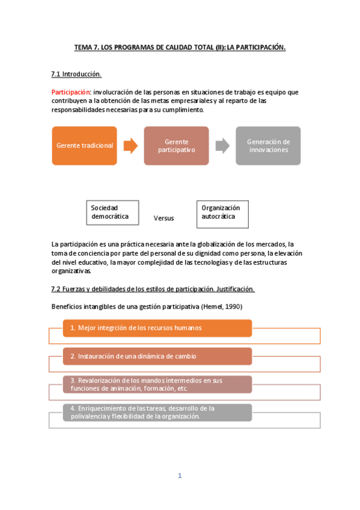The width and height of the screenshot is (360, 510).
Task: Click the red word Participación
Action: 71,92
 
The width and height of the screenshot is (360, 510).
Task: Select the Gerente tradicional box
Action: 84,146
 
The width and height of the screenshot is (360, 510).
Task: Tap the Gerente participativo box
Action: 176,146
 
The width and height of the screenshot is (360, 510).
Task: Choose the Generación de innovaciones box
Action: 268,146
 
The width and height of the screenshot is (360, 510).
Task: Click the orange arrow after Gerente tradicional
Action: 130,146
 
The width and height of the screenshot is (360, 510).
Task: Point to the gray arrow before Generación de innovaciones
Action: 222,146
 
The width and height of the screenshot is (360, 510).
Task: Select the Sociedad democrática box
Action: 112,212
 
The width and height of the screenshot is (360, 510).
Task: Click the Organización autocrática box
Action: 222,214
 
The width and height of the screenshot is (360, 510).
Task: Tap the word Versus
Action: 163,218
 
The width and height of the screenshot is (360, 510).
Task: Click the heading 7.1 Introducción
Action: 76,74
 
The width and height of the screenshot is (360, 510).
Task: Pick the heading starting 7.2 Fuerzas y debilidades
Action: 153,289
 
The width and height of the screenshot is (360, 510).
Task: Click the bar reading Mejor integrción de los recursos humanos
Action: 157,328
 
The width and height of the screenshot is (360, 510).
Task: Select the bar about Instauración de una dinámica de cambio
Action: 157,357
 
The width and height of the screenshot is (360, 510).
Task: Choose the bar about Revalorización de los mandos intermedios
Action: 157,384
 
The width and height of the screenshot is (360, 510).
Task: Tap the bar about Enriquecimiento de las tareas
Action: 157,412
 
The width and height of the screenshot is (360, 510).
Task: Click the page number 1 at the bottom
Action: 179,476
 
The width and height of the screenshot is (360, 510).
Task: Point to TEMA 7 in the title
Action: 86,46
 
